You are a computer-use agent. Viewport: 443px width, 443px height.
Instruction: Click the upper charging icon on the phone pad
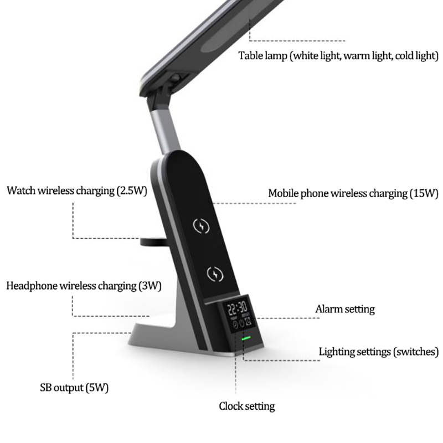(201, 226)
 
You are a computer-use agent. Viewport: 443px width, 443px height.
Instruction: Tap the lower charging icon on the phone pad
(215, 274)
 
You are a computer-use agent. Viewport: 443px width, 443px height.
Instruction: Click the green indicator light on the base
(246, 338)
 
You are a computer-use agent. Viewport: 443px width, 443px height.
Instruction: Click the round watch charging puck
(154, 242)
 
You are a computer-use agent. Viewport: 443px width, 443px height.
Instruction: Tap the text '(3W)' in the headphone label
(150, 286)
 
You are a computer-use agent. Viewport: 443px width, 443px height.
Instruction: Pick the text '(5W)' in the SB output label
(97, 388)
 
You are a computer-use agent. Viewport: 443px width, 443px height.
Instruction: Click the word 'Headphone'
(32, 286)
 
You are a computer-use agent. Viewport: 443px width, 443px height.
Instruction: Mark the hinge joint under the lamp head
(175, 80)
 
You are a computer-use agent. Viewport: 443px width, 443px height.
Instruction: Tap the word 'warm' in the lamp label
(357, 56)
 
